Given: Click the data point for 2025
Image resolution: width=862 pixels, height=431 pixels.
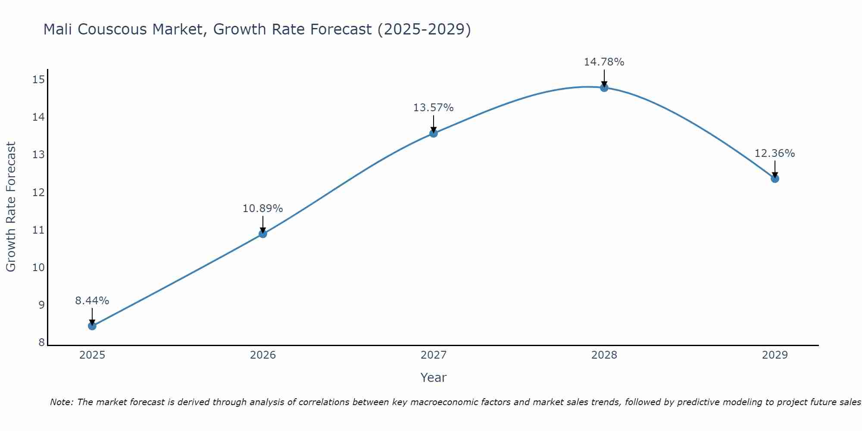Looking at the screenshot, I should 92,326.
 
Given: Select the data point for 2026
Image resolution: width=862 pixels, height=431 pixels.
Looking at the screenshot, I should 263,234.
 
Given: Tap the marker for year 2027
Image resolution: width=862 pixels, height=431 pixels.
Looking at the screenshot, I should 434,133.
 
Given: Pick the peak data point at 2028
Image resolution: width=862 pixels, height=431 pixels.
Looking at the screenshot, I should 604,87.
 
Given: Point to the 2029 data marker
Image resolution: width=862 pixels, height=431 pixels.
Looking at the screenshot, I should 775,178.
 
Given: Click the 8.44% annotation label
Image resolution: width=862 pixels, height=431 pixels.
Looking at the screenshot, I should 92,300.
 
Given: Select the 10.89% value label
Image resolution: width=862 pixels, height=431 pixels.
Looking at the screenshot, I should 263,209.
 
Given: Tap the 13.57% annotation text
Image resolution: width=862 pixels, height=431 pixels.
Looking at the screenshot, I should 434,108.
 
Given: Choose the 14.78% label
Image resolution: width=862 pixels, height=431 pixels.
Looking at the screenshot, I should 604,62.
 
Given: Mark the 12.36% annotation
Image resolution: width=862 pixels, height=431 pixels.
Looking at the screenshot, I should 775,153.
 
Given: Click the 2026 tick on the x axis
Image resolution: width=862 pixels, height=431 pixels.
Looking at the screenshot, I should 263,355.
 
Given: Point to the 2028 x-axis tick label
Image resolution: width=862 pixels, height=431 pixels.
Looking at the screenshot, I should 604,355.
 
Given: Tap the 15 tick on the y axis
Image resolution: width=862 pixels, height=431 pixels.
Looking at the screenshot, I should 39,79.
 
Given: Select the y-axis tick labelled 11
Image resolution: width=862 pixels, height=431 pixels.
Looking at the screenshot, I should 39,230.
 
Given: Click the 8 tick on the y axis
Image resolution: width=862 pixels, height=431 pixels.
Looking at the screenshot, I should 41,343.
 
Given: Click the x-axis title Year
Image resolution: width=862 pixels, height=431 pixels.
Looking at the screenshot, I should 434,378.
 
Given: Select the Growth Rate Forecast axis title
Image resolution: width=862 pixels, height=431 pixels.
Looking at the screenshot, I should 11,206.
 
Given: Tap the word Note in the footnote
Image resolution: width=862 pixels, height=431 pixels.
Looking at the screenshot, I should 62,402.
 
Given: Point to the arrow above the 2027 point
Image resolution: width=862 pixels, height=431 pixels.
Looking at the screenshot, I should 434,124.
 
